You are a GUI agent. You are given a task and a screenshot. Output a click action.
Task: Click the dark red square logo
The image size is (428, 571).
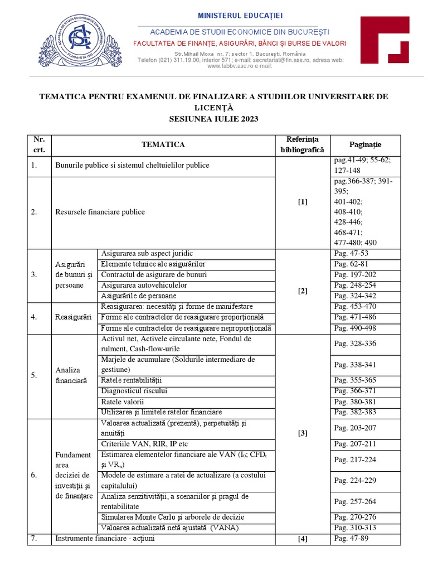pos(385,41)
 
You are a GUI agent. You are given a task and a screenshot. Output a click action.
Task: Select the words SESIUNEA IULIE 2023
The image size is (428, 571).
pos(214,119)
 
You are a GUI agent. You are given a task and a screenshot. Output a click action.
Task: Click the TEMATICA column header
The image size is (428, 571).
pos(163,145)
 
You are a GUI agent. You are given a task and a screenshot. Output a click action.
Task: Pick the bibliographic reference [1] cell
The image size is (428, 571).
pos(302,202)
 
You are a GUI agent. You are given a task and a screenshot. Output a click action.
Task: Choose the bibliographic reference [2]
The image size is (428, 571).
pos(302,291)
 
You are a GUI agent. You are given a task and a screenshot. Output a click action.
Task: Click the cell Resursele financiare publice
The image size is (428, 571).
pos(100,212)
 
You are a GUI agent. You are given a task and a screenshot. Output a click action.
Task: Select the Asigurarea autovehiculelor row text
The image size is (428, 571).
pos(144,285)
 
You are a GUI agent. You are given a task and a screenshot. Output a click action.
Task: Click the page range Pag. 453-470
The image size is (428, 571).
pos(355,307)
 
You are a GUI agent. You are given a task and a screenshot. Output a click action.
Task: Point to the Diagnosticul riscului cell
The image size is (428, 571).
pos(134,391)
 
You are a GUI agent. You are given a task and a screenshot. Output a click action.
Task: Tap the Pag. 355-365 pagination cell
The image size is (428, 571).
pos(355,380)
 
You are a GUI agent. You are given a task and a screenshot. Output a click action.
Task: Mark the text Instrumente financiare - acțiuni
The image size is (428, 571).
pos(104,539)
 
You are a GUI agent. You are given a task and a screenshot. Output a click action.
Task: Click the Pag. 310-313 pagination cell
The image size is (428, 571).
pos(355,528)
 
